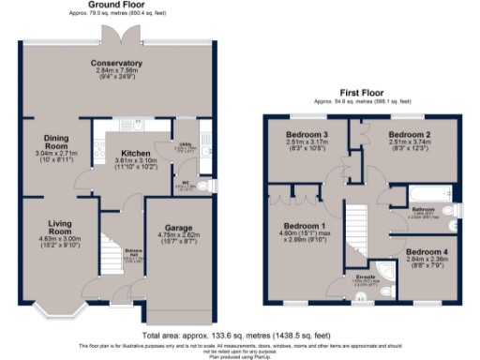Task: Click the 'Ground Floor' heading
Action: (x=116, y=5)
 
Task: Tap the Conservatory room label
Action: (x=116, y=63)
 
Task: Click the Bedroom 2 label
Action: (x=412, y=135)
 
